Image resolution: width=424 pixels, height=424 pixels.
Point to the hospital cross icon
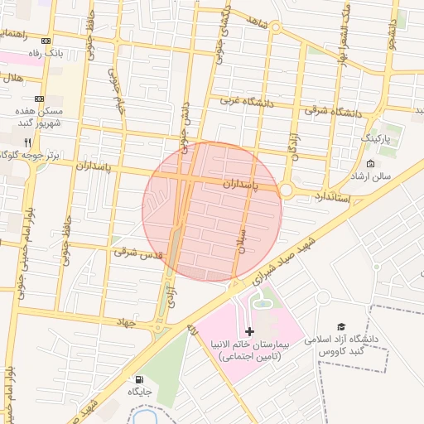pyautogui.click(x=250, y=331)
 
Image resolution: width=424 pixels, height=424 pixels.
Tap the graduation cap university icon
pyautogui.click(x=340, y=328)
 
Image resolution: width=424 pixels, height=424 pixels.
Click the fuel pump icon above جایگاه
pyautogui.click(x=136, y=380)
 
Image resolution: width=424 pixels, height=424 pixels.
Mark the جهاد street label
pyautogui.click(x=124, y=322)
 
